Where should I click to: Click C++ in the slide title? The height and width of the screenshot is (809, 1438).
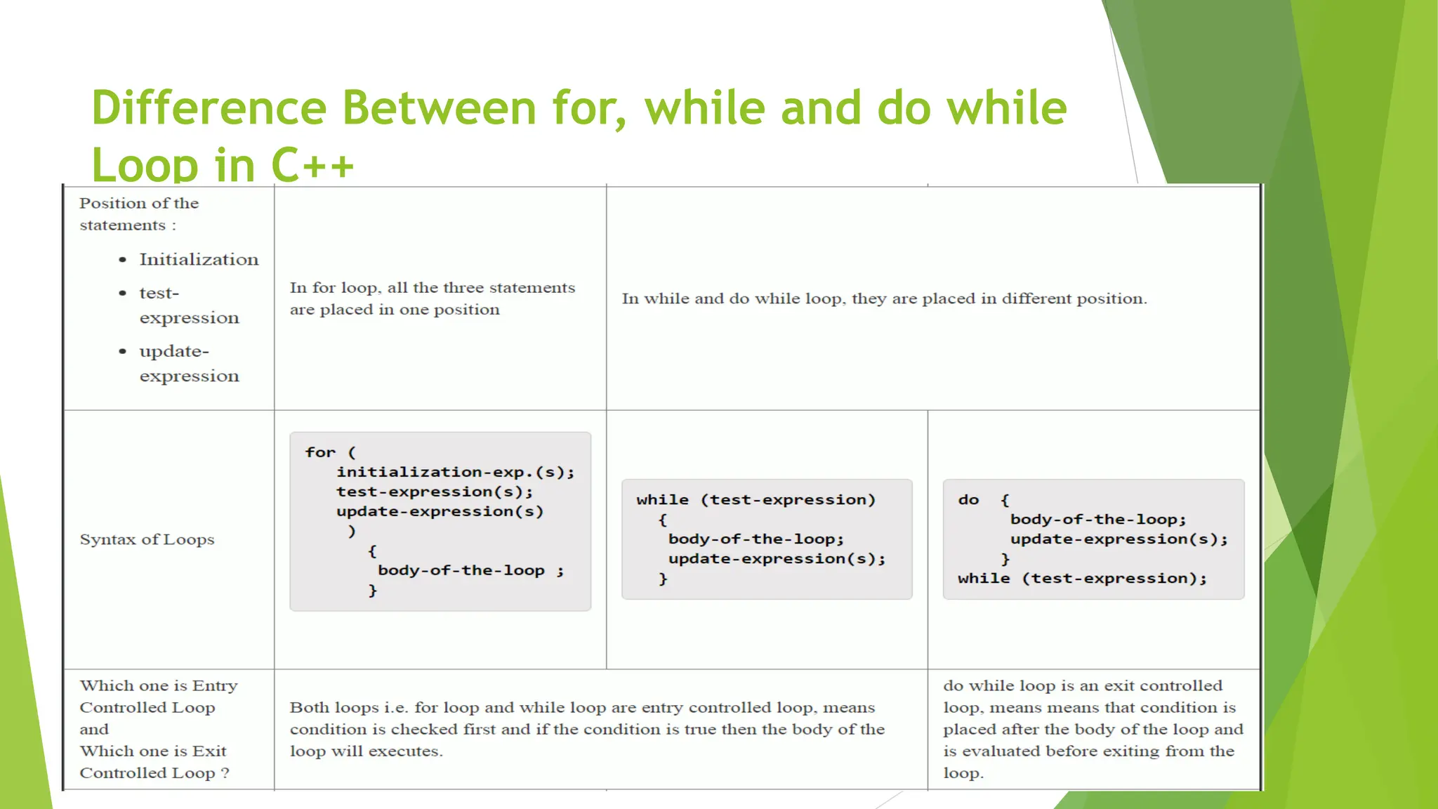click(x=312, y=166)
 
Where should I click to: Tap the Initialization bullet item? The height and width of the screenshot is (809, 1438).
click(x=199, y=260)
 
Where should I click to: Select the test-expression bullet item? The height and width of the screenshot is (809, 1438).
click(x=189, y=305)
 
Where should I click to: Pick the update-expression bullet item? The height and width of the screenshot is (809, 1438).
click(x=189, y=364)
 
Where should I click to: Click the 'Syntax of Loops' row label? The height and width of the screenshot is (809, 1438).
click(x=147, y=539)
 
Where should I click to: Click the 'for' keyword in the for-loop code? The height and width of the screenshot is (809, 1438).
click(x=320, y=452)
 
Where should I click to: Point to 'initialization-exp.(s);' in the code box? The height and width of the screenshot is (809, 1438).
click(x=455, y=472)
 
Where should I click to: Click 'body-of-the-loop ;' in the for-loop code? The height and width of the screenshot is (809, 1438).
click(x=470, y=570)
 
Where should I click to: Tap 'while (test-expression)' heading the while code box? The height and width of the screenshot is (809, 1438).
click(x=756, y=500)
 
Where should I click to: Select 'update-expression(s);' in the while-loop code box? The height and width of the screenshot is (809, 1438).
click(x=777, y=559)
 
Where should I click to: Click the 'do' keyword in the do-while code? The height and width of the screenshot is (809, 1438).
click(x=968, y=500)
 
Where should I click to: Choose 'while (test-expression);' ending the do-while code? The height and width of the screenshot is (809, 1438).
click(x=1082, y=579)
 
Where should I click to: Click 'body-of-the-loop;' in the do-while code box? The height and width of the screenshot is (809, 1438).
click(x=1098, y=520)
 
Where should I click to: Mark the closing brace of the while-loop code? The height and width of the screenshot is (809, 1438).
click(x=663, y=579)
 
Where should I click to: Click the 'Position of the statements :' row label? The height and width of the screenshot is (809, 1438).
click(x=139, y=214)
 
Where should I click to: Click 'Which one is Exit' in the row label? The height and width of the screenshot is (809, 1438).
click(x=153, y=751)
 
